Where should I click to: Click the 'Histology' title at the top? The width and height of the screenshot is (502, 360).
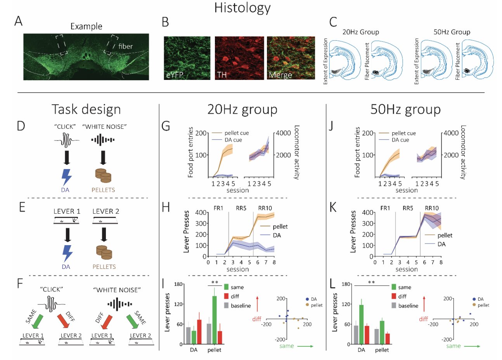(242, 8)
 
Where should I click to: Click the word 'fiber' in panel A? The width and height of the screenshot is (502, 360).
(125, 46)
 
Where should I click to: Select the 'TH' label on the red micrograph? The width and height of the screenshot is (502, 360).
(222, 74)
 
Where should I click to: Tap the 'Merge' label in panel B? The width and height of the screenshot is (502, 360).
(280, 74)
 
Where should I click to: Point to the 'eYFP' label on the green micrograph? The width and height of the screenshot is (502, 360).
(175, 74)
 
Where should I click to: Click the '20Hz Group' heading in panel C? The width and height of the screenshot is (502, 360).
(360, 32)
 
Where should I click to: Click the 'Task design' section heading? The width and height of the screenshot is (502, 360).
(86, 109)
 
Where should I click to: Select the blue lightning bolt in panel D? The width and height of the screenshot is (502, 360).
(66, 177)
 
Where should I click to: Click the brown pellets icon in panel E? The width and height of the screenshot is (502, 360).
(104, 252)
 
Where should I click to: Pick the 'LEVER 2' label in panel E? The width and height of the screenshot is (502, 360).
(106, 211)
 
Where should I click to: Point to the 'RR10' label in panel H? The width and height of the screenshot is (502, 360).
(265, 208)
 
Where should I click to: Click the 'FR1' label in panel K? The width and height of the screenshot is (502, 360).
(385, 208)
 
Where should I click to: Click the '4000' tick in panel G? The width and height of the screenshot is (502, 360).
(283, 133)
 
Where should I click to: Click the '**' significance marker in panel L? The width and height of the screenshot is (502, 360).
(371, 282)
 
